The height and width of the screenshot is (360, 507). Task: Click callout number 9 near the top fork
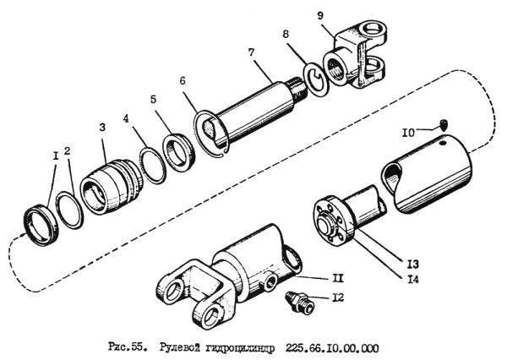320,15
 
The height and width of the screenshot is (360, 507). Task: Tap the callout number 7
252,52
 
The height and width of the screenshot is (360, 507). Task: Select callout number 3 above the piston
102,127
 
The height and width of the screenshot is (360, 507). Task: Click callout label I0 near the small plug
408,133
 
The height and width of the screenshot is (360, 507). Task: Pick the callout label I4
412,279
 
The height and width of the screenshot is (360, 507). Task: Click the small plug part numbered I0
444,124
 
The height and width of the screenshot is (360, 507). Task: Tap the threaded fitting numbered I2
299,302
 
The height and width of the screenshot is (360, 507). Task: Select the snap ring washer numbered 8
316,79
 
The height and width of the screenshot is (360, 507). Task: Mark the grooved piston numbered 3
112,185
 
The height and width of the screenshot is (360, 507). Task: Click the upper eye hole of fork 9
373,29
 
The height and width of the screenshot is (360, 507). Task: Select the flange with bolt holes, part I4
331,221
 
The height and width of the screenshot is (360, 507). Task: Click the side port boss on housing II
269,283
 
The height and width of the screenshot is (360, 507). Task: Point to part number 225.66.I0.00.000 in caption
331,348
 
